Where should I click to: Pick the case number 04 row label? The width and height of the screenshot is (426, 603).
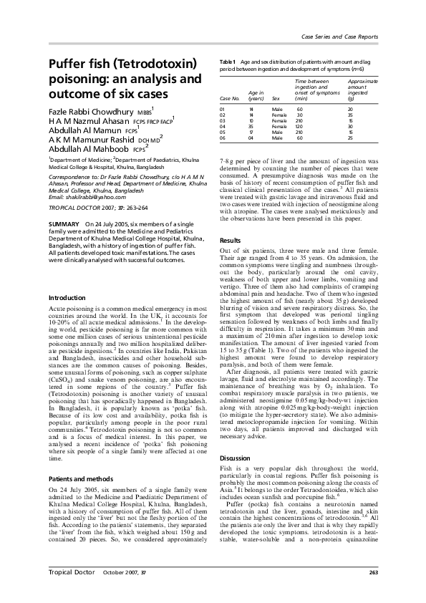[223, 126]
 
